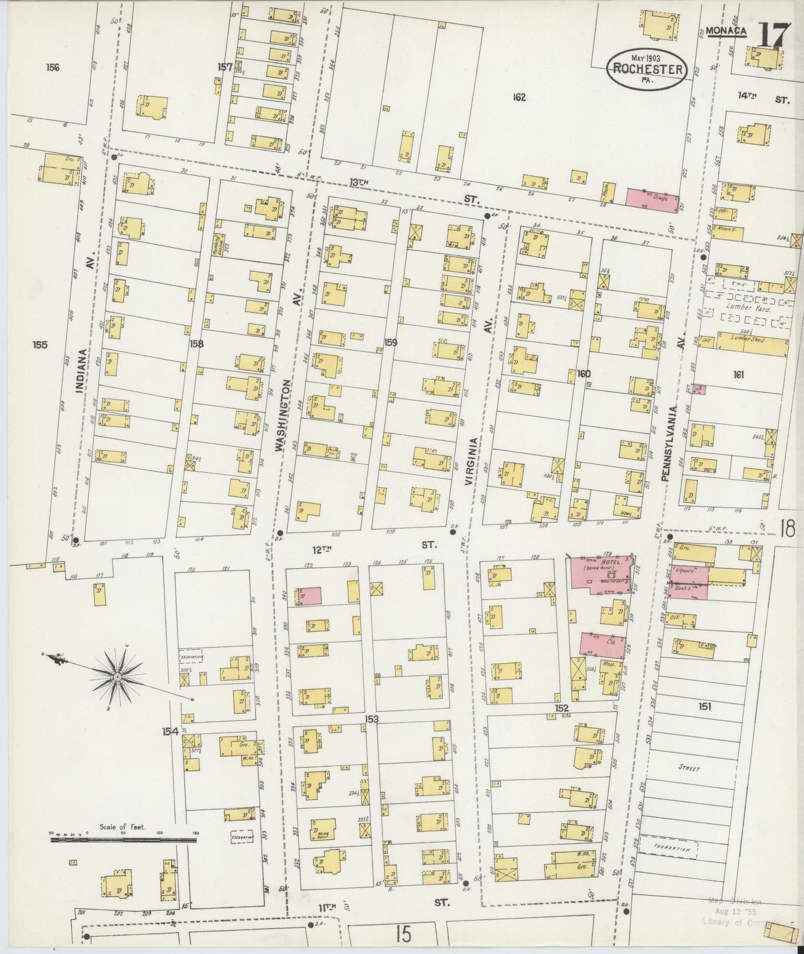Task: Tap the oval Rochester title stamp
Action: pos(647,69)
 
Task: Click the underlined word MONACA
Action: pos(726,31)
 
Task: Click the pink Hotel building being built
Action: pos(600,574)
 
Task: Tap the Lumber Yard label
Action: pos(747,307)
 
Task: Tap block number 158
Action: pos(196,343)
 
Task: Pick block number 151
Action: pos(705,706)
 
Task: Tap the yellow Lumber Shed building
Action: pos(752,343)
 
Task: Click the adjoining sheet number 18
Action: pos(787,528)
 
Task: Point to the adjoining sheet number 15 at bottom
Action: pos(405,933)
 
